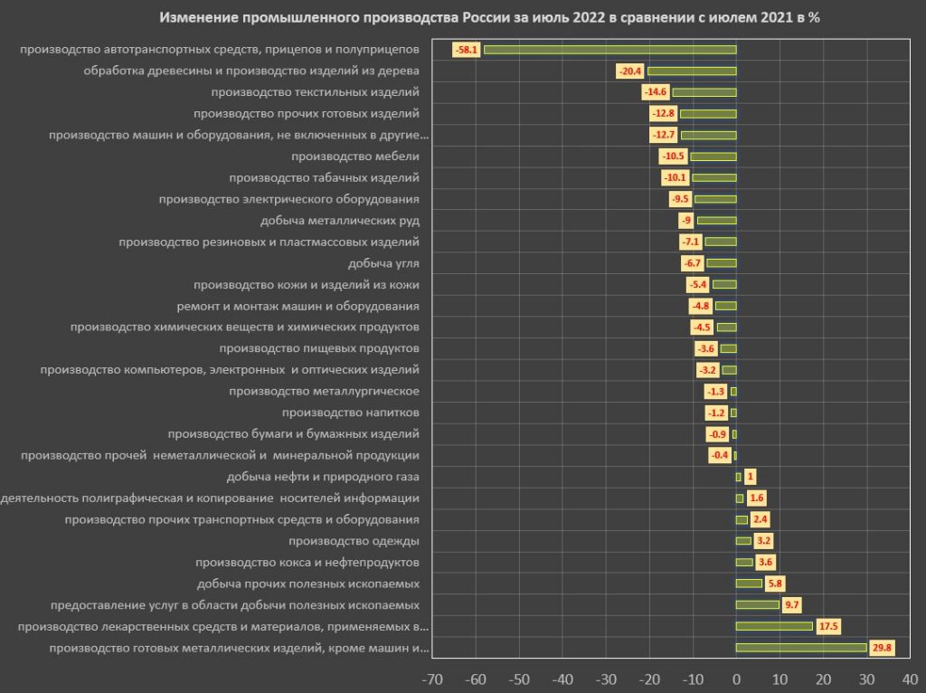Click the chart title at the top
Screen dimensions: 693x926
(x=489, y=18)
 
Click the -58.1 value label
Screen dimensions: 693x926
(x=468, y=50)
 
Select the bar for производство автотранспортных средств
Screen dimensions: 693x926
(x=610, y=50)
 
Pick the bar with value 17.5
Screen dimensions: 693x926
(x=774, y=626)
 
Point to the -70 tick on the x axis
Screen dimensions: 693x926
(x=432, y=678)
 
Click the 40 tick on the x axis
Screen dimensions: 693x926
(x=910, y=678)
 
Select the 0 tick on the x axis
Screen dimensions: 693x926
(x=736, y=678)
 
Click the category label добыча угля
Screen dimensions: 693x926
(x=383, y=263)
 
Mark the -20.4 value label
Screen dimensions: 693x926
(x=630, y=71)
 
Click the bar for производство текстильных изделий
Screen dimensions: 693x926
(x=704, y=92)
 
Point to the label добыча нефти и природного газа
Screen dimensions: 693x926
(x=323, y=477)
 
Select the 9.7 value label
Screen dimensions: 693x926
(x=793, y=605)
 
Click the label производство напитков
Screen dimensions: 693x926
(x=350, y=413)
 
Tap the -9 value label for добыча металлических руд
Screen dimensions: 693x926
(x=687, y=221)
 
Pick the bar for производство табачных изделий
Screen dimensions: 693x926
(x=714, y=178)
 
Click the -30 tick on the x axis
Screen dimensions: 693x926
(x=606, y=678)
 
